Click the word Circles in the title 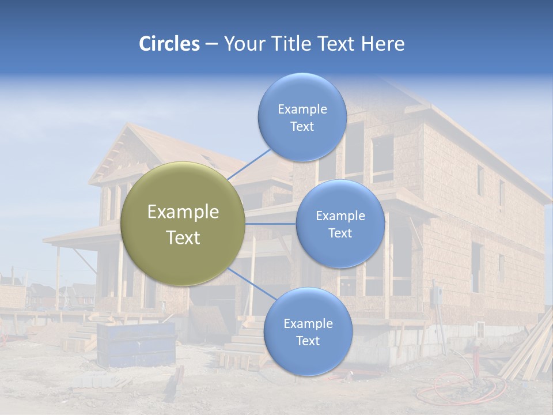tap(169, 44)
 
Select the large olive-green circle tap(183, 224)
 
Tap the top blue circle tap(302, 117)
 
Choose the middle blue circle tap(340, 224)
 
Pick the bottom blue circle tap(308, 331)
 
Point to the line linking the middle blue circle tap(271, 224)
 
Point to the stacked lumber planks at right tap(527, 352)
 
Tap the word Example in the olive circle tap(183, 212)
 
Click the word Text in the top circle tap(302, 127)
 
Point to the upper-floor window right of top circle tap(382, 159)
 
